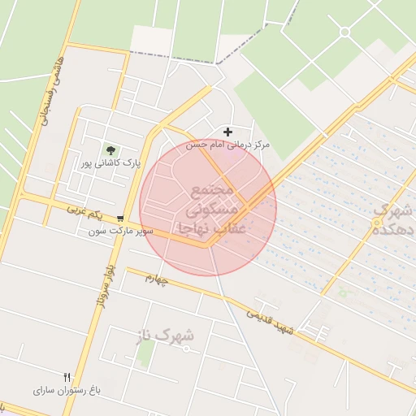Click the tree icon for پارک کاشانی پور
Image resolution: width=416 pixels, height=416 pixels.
point(110,149)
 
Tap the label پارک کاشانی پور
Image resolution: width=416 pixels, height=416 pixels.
point(110,162)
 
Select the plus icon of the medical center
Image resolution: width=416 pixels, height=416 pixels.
point(227,132)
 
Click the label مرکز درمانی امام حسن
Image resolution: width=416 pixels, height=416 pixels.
point(228,145)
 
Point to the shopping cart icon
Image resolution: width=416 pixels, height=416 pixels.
point(121,219)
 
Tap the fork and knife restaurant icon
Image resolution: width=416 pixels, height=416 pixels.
point(67,377)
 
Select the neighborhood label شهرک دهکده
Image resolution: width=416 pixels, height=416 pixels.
point(394,220)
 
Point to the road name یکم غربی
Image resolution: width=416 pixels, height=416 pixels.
point(86,213)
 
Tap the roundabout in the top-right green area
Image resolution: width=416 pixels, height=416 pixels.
point(344,32)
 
